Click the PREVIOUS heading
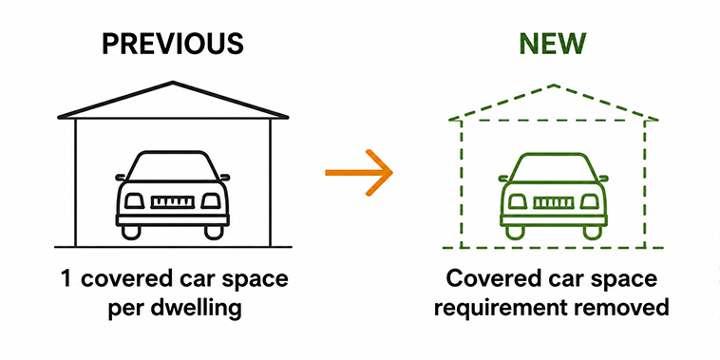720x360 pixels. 172,44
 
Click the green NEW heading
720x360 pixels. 553,44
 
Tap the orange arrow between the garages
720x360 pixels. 359,173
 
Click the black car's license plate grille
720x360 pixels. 173,202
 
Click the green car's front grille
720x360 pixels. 554,202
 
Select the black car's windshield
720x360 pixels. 172,167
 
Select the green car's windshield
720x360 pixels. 553,167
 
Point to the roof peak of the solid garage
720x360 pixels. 173,83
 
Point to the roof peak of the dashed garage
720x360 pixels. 554,85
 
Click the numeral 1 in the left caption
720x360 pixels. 66,279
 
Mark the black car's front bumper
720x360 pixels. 173,219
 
